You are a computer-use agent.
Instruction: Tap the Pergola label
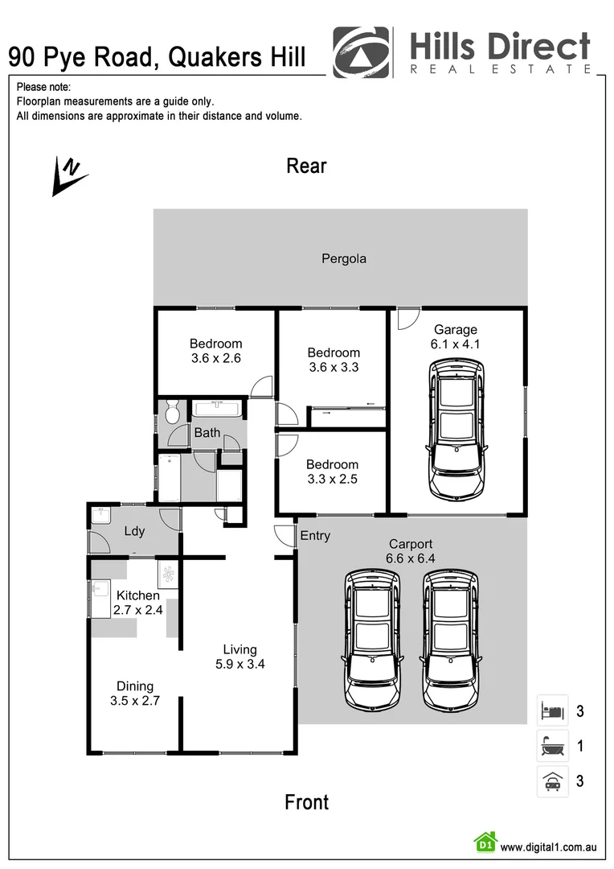(x=344, y=258)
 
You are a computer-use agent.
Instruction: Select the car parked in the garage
(x=456, y=428)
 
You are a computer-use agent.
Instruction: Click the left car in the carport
(x=372, y=640)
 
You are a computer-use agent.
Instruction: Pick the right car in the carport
(x=451, y=640)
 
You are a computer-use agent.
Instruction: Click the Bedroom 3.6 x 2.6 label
(x=216, y=351)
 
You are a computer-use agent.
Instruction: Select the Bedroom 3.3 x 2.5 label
(x=332, y=472)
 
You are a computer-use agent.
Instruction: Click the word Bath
(x=207, y=433)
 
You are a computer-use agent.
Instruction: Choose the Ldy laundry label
(x=134, y=531)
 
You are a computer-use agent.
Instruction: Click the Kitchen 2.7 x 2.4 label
(x=137, y=603)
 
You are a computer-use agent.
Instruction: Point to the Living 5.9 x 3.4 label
(x=240, y=657)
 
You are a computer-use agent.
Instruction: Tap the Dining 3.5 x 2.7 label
(x=135, y=694)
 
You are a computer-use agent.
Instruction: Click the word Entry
(x=314, y=535)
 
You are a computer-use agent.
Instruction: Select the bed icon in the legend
(x=553, y=710)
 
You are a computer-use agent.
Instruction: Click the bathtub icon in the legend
(x=553, y=746)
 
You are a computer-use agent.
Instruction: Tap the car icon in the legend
(x=553, y=780)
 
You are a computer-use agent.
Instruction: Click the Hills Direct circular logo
(x=361, y=52)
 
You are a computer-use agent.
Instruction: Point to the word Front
(x=306, y=801)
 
